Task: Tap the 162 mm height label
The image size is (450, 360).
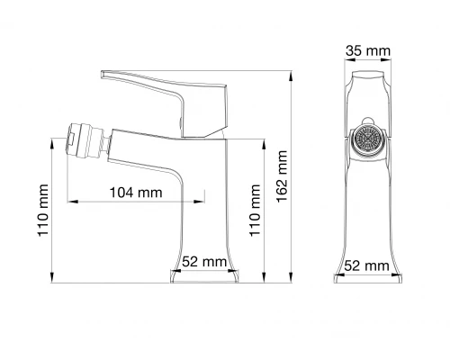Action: tap(283, 175)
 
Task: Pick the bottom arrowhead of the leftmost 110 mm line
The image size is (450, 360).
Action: tap(54, 278)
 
